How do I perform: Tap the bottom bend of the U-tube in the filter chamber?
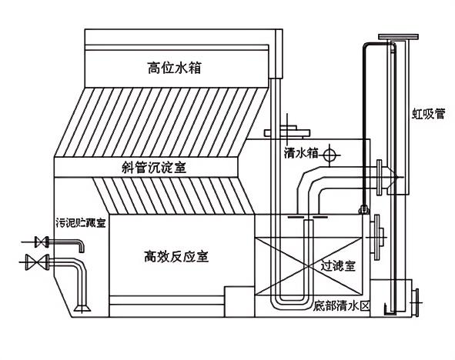pos(291,299)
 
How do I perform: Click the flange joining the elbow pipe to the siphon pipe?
pos(380,176)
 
